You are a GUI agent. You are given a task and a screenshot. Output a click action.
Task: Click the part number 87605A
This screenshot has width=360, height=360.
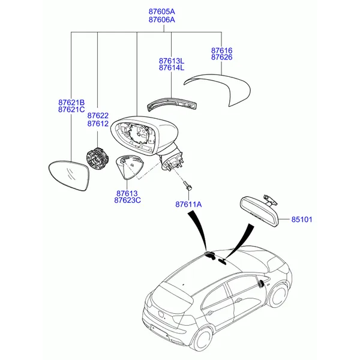click(161, 11)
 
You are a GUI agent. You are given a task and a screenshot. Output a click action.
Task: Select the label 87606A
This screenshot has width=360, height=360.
click(161, 20)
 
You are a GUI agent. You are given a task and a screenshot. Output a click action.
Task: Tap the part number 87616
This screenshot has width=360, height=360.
click(222, 50)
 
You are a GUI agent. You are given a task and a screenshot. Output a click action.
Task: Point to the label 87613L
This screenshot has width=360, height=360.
click(172, 61)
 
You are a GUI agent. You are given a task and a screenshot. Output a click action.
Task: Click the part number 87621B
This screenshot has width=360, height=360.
click(71, 103)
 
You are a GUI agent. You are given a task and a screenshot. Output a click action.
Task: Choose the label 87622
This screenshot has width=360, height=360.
click(98, 115)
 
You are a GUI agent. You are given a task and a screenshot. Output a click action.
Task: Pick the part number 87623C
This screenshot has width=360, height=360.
click(127, 200)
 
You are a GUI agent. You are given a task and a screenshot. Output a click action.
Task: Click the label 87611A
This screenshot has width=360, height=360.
click(188, 205)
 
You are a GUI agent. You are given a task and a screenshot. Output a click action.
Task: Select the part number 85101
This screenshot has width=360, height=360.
click(302, 220)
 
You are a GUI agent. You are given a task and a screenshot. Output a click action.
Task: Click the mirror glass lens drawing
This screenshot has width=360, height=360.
click(70, 175)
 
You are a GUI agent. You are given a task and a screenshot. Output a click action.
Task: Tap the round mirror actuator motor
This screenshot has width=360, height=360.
click(97, 159)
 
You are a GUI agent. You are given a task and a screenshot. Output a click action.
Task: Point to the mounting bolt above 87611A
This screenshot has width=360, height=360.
click(188, 185)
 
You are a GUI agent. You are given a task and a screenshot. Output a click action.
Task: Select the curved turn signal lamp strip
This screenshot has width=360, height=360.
click(172, 104)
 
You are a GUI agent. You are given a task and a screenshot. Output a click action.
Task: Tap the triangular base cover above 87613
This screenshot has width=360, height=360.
click(128, 167)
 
